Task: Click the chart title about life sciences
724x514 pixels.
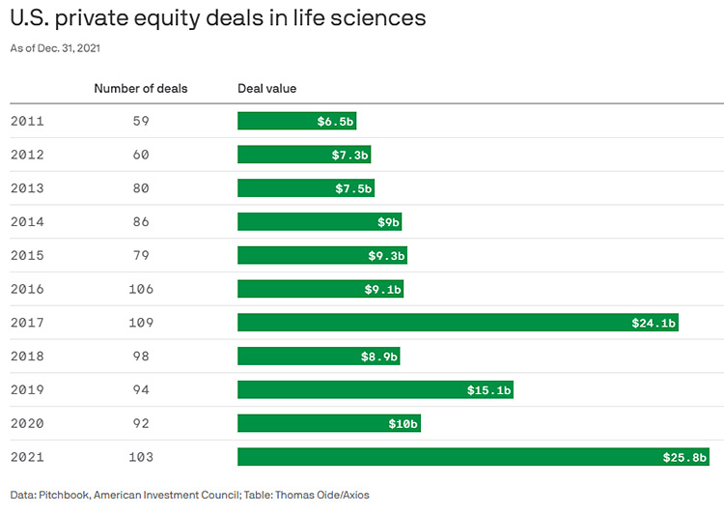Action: coord(217,18)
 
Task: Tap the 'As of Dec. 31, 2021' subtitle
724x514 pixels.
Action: coord(55,47)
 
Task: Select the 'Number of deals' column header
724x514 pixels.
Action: coord(141,89)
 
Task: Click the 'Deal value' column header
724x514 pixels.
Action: coord(267,89)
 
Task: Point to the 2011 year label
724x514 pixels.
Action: coord(27,121)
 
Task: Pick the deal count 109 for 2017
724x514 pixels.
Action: coord(141,323)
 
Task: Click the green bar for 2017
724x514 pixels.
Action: coord(458,323)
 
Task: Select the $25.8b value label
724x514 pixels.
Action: coord(683,457)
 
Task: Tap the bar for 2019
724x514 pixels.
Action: coord(375,389)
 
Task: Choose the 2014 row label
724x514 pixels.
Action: coord(27,222)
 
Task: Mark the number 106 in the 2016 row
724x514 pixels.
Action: coord(141,289)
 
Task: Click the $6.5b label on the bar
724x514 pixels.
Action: coord(335,122)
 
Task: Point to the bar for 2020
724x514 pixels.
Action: coord(328,423)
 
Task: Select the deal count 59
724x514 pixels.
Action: coord(141,121)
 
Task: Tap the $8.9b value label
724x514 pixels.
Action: coord(377,357)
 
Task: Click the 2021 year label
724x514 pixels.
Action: coord(27,457)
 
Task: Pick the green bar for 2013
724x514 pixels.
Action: coord(305,188)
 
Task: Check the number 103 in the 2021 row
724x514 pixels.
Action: coord(141,457)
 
